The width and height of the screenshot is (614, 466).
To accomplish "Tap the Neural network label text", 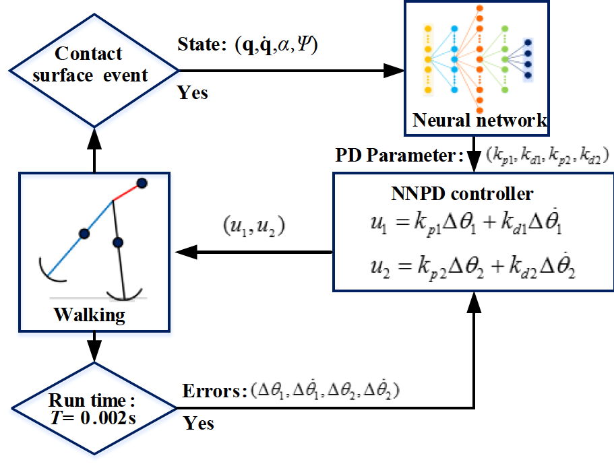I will click(x=479, y=121).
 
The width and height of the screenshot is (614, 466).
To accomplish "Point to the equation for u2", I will click(x=471, y=265).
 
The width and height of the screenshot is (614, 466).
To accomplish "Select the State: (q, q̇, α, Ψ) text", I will click(x=248, y=46).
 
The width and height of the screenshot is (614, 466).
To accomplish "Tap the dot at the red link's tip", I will click(x=142, y=182).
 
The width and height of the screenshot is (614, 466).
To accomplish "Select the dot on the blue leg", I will click(x=84, y=233).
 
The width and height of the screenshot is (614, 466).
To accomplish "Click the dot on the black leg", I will click(x=119, y=242).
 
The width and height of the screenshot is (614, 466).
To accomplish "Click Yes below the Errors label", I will click(x=199, y=423).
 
